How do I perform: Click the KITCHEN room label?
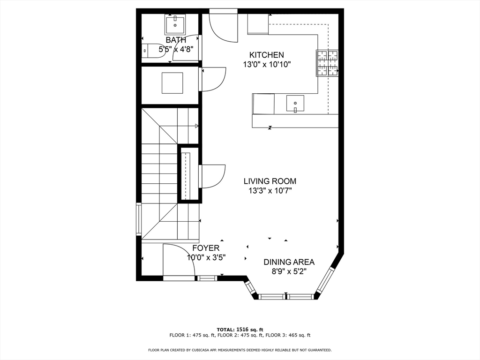coord(266,55)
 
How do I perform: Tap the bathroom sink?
coord(176,24)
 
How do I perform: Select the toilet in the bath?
coord(154,51)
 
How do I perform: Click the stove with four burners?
coord(327,63)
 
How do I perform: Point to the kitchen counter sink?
coord(295,103)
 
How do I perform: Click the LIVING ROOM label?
coord(270,181)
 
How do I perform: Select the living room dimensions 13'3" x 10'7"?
coord(270,191)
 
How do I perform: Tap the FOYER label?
coord(206,248)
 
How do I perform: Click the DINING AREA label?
coord(289,262)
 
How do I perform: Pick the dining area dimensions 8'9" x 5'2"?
coord(289,272)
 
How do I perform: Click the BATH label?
coord(176,40)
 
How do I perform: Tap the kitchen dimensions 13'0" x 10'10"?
coord(267,65)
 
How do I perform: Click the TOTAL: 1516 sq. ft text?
coord(240,330)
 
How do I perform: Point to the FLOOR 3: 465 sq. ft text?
coord(288,335)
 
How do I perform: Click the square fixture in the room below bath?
coord(172,83)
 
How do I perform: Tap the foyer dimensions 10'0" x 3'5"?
coord(207,257)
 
